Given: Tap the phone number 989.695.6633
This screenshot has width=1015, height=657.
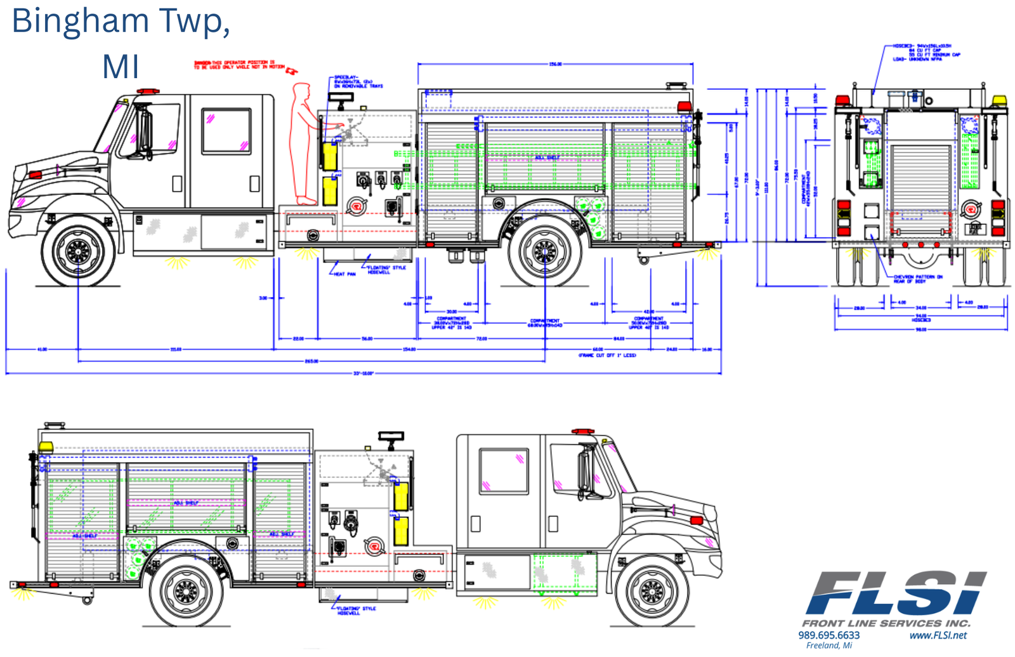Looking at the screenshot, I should point(828,635).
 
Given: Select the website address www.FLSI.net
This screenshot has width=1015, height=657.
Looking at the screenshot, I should point(938,635).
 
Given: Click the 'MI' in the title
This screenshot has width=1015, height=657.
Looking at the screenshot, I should point(121,67).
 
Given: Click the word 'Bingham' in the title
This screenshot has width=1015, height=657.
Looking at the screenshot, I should point(80,21).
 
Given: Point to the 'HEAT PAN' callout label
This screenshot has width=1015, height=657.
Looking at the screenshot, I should point(345,274).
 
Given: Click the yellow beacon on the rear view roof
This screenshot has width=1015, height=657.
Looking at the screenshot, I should point(999,100).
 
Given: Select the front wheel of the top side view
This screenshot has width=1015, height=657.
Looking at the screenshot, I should point(79,251).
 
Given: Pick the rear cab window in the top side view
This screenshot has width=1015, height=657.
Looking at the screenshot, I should point(226,131).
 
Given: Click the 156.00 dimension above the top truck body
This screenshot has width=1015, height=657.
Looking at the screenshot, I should point(555,64).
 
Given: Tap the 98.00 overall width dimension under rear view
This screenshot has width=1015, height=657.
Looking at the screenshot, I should point(920,329).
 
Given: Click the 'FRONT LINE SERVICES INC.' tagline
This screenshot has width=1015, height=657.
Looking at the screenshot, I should point(886,623).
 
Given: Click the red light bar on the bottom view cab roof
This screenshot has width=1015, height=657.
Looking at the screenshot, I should point(583,432).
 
